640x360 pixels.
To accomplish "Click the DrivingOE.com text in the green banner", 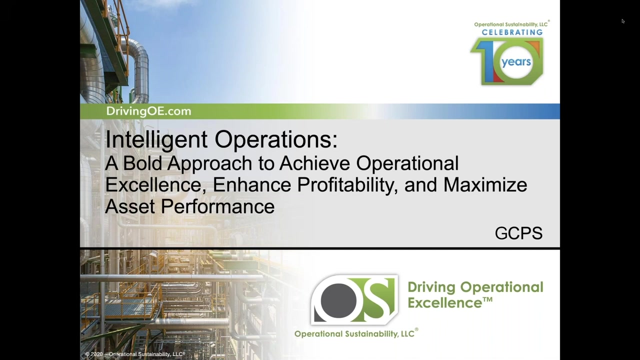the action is click(x=148, y=111).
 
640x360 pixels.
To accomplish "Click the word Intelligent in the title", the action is click(x=156, y=140).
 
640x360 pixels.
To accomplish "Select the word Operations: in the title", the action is click(x=276, y=139).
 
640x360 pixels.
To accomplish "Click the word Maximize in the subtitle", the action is click(x=485, y=184).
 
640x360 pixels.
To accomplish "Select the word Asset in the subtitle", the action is click(x=130, y=206).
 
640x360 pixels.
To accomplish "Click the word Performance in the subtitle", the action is click(x=217, y=206).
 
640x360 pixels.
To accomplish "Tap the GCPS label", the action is click(x=518, y=233).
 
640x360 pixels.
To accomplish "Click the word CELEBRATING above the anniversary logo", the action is click(x=512, y=32).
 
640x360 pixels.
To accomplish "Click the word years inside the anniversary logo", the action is click(x=516, y=62).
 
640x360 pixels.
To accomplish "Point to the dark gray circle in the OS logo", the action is click(x=338, y=301).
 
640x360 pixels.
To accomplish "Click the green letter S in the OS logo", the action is click(x=376, y=299).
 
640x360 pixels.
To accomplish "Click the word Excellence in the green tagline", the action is click(x=445, y=303).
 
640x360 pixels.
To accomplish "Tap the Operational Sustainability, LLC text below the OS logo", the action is click(x=354, y=333).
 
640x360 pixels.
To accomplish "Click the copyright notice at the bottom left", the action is click(x=135, y=354).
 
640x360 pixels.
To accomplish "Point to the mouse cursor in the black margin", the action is click(x=623, y=21).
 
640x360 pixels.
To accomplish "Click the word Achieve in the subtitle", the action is click(x=314, y=163).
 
